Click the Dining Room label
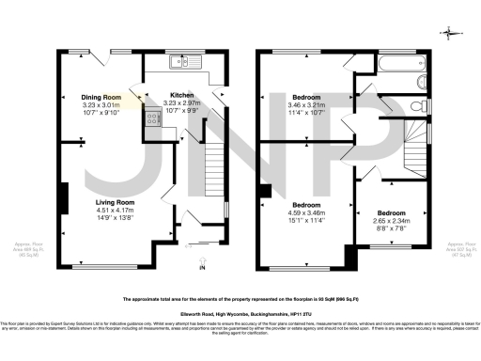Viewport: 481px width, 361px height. [101, 97]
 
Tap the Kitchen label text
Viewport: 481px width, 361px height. [181, 95]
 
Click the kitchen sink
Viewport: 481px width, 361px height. [178, 64]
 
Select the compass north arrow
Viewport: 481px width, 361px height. [454, 34]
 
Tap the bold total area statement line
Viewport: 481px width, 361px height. [240, 299]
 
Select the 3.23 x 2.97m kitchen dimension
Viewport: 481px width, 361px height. [181, 102]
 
